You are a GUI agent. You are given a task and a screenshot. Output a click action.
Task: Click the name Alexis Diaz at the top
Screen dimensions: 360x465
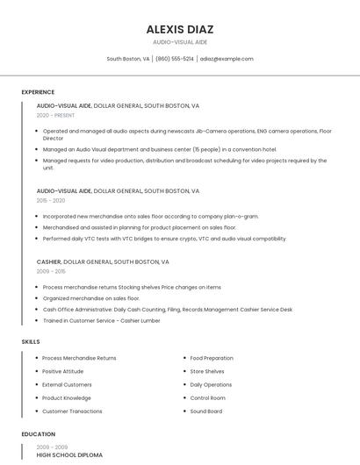pos(180,29)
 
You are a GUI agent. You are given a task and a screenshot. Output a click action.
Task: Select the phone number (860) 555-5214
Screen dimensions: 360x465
pos(175,59)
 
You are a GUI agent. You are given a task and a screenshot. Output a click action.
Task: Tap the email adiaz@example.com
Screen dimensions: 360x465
pos(227,59)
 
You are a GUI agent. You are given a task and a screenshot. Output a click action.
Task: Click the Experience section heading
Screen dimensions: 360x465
pos(38,92)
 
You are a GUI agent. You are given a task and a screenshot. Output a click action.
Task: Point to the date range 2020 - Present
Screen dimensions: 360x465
pos(55,115)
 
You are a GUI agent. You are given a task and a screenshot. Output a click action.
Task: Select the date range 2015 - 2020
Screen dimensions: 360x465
pos(51,200)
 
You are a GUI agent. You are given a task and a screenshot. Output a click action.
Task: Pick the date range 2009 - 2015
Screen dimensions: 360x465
pos(51,271)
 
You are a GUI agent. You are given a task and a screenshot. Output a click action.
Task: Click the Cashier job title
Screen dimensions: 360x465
pos(49,261)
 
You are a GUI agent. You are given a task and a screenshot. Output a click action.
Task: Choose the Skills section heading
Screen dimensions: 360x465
pos(31,341)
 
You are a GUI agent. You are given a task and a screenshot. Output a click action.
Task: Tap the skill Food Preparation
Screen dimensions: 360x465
pos(212,358)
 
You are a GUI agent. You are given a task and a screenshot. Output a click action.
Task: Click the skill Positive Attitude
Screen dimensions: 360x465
pos(63,371)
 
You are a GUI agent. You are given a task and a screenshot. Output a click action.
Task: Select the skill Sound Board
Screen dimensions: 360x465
pos(206,411)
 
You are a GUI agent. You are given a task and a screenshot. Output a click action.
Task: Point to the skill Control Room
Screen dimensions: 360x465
pos(208,397)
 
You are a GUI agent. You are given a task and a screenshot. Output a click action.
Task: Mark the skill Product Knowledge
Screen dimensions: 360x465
pos(67,397)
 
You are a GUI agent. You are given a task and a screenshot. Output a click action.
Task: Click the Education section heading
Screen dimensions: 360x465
pos(39,434)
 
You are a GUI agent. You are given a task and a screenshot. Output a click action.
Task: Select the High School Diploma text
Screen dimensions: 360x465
pos(69,455)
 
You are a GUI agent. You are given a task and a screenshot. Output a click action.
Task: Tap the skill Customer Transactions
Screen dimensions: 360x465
pos(72,411)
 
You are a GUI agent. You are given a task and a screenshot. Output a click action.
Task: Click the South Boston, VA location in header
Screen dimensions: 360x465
pos(128,59)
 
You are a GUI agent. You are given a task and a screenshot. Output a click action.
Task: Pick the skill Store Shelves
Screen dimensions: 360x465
pos(207,371)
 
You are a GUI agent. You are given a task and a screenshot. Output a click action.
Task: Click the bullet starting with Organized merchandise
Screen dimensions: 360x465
pos(90,298)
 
